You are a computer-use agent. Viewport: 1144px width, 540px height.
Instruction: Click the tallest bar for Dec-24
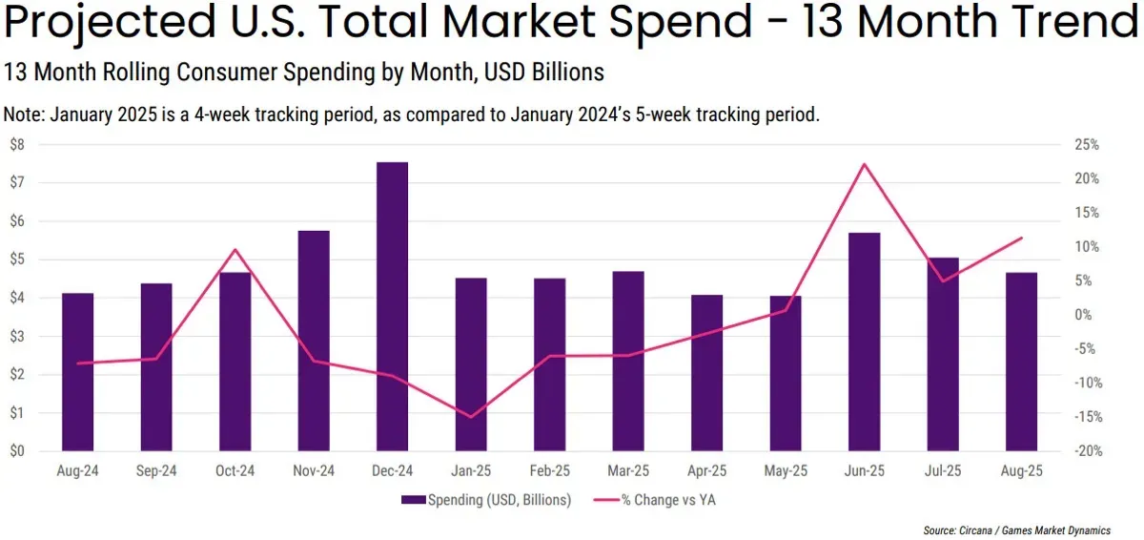pyautogui.click(x=392, y=306)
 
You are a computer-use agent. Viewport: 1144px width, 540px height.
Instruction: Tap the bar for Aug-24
pyautogui.click(x=77, y=372)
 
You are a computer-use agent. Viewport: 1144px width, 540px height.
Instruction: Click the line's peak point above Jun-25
pyautogui.click(x=864, y=164)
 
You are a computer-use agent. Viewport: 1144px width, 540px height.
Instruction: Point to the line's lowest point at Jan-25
pyautogui.click(x=471, y=417)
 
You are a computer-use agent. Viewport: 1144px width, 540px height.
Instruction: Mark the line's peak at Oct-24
pyautogui.click(x=235, y=250)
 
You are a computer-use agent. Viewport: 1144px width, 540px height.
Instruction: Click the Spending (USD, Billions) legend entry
pyautogui.click(x=485, y=499)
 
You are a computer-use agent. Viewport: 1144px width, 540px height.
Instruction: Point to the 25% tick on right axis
pyautogui.click(x=1086, y=144)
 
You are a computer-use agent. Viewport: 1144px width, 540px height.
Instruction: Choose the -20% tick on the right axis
pyautogui.click(x=1086, y=451)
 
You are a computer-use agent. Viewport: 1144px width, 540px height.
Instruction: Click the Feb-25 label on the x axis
pyautogui.click(x=549, y=471)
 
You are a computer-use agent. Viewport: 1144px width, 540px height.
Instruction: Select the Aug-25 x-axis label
pyautogui.click(x=1021, y=471)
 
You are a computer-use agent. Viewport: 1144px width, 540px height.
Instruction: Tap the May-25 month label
pyautogui.click(x=786, y=471)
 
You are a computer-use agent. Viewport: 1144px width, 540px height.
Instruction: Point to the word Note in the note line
pyautogui.click(x=23, y=114)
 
